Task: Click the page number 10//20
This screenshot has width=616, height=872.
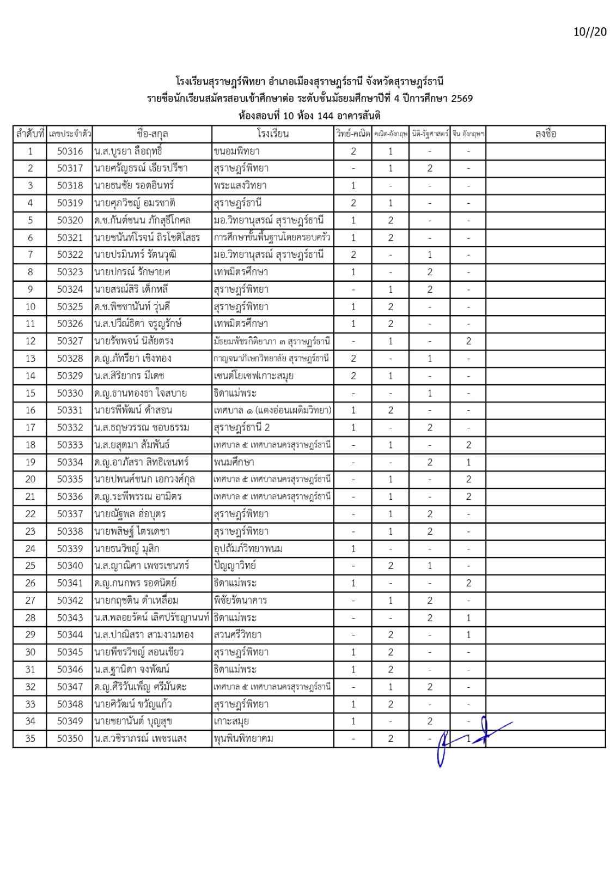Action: (x=589, y=32)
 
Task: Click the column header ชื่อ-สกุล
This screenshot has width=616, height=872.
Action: (x=152, y=134)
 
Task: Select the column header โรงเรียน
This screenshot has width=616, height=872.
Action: (x=272, y=134)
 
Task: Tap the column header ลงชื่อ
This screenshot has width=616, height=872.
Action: (x=545, y=134)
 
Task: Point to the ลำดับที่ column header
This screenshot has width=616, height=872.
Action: (x=30, y=134)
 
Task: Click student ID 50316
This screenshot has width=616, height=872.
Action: (x=70, y=152)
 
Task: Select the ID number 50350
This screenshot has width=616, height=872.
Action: (x=70, y=739)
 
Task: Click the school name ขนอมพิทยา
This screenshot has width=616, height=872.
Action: (x=236, y=152)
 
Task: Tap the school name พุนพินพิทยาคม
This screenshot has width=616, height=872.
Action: (x=243, y=739)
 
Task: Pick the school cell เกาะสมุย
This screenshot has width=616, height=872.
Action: (x=231, y=722)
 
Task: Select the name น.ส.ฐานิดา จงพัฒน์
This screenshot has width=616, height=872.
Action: (x=132, y=670)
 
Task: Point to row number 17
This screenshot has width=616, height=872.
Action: (x=30, y=428)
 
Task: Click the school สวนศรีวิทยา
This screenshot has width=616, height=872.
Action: (x=237, y=635)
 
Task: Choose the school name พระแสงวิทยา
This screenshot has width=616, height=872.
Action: (x=240, y=186)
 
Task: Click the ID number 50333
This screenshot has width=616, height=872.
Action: (x=70, y=445)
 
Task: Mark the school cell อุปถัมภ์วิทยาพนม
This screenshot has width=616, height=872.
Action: (x=248, y=549)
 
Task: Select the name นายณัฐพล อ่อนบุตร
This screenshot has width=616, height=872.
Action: (x=130, y=514)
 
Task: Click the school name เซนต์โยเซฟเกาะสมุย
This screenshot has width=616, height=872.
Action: (x=253, y=376)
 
